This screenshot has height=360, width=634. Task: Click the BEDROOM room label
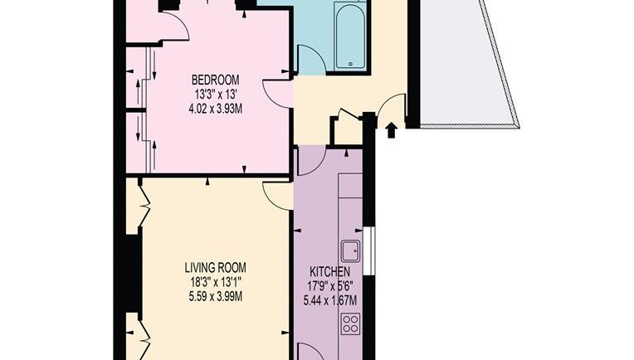(x=215, y=79)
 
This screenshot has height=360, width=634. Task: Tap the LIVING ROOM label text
(x=215, y=267)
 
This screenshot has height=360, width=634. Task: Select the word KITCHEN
(x=330, y=271)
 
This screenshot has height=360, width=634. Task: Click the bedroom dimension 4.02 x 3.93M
(x=216, y=109)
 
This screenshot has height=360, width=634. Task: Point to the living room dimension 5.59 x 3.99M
(x=216, y=297)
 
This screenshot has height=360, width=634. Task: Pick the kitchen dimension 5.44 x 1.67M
(x=330, y=300)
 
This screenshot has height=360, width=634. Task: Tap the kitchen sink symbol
(x=350, y=251)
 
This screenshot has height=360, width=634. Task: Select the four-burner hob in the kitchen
(x=350, y=324)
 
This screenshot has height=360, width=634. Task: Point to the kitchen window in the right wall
(x=368, y=251)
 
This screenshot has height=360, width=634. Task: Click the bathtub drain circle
(x=350, y=63)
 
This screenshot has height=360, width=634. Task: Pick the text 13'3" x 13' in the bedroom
(x=216, y=94)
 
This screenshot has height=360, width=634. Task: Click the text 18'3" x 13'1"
(x=216, y=282)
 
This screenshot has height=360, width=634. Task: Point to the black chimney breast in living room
(x=133, y=274)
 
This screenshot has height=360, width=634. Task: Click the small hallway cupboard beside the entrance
(x=347, y=130)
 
